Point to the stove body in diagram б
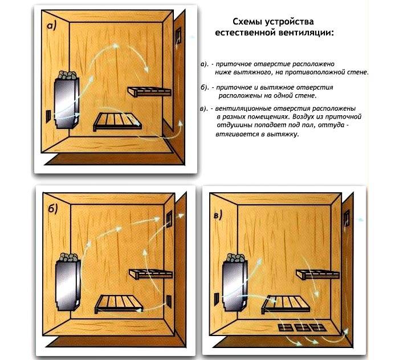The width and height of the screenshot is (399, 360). tap(67, 285)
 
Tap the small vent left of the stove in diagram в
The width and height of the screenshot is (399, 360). tap(215, 299)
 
